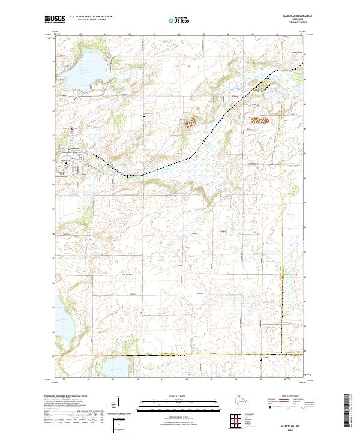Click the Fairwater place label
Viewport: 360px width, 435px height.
(x=296, y=54)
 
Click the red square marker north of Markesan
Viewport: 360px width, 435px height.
(x=72, y=128)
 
